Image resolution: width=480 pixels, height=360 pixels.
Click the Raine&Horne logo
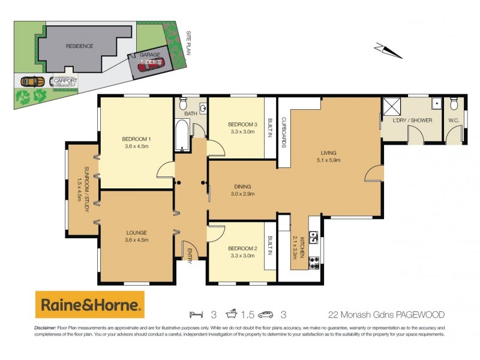(x=90, y=305)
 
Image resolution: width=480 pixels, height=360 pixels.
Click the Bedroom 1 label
(x=137, y=142)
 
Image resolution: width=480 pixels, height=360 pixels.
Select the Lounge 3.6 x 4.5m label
(x=136, y=236)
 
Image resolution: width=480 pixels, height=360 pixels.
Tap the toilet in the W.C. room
(x=454, y=106)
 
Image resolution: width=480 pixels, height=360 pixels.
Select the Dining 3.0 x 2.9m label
(x=242, y=190)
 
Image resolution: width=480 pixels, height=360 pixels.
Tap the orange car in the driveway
(x=32, y=81)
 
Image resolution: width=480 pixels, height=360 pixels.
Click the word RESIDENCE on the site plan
(x=80, y=46)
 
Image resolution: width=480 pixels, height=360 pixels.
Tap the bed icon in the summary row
(x=194, y=314)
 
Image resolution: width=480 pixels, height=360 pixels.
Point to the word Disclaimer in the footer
(x=45, y=328)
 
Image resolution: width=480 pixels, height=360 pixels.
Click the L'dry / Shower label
(x=413, y=120)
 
